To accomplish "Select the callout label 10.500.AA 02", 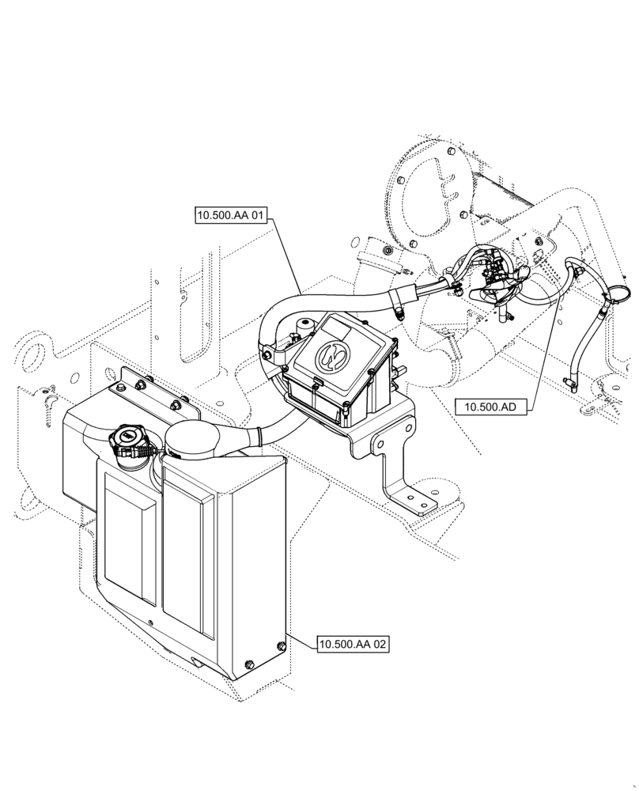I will pyautogui.click(x=353, y=645).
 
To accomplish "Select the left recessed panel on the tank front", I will pyautogui.click(x=129, y=545).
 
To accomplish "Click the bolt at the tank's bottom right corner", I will pyautogui.click(x=278, y=648).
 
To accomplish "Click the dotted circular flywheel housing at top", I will pyautogui.click(x=431, y=190).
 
